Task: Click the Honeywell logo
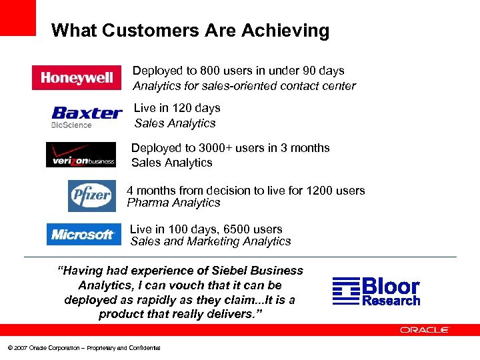click(77, 78)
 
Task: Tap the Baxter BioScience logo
click(87, 116)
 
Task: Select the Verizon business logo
click(81, 155)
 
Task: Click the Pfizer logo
click(91, 195)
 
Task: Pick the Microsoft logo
click(83, 235)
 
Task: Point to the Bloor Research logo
click(377, 291)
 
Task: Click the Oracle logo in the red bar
click(425, 329)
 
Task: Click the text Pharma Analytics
click(173, 203)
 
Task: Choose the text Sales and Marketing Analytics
click(211, 241)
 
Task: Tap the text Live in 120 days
click(177, 108)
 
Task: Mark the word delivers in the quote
click(234, 314)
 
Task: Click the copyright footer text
click(84, 348)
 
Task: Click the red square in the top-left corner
click(17, 17)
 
